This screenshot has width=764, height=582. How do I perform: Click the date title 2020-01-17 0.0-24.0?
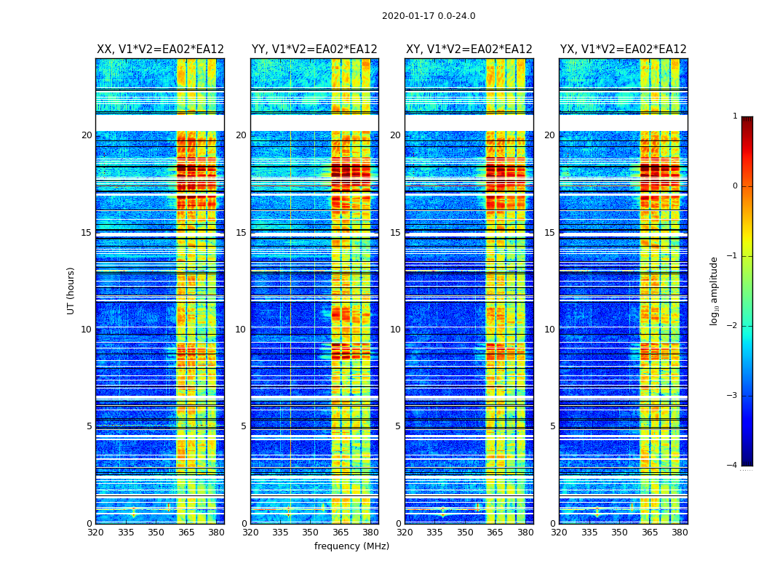(429, 16)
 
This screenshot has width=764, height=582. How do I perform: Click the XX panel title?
(160, 49)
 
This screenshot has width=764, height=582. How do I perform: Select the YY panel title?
(314, 49)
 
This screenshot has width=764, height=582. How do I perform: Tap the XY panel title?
(469, 49)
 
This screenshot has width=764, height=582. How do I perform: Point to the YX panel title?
(623, 49)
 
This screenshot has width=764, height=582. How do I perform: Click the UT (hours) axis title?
(71, 290)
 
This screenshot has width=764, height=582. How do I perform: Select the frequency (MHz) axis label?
(351, 546)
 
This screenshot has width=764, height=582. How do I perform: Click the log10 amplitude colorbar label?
(715, 290)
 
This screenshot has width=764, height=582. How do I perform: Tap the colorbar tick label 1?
(735, 116)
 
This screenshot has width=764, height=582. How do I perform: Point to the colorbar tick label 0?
(735, 186)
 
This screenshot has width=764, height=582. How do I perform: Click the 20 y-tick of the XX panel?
(87, 135)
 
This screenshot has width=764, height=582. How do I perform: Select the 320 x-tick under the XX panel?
(95, 533)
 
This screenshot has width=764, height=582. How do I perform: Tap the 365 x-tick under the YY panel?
(341, 533)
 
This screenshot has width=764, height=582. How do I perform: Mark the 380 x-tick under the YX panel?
(680, 533)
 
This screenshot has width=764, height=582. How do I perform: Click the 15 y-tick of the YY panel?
(241, 233)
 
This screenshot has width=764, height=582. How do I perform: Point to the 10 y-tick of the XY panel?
(395, 330)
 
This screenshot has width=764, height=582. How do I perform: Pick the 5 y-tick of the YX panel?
(552, 426)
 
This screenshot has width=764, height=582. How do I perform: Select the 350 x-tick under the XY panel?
(465, 533)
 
